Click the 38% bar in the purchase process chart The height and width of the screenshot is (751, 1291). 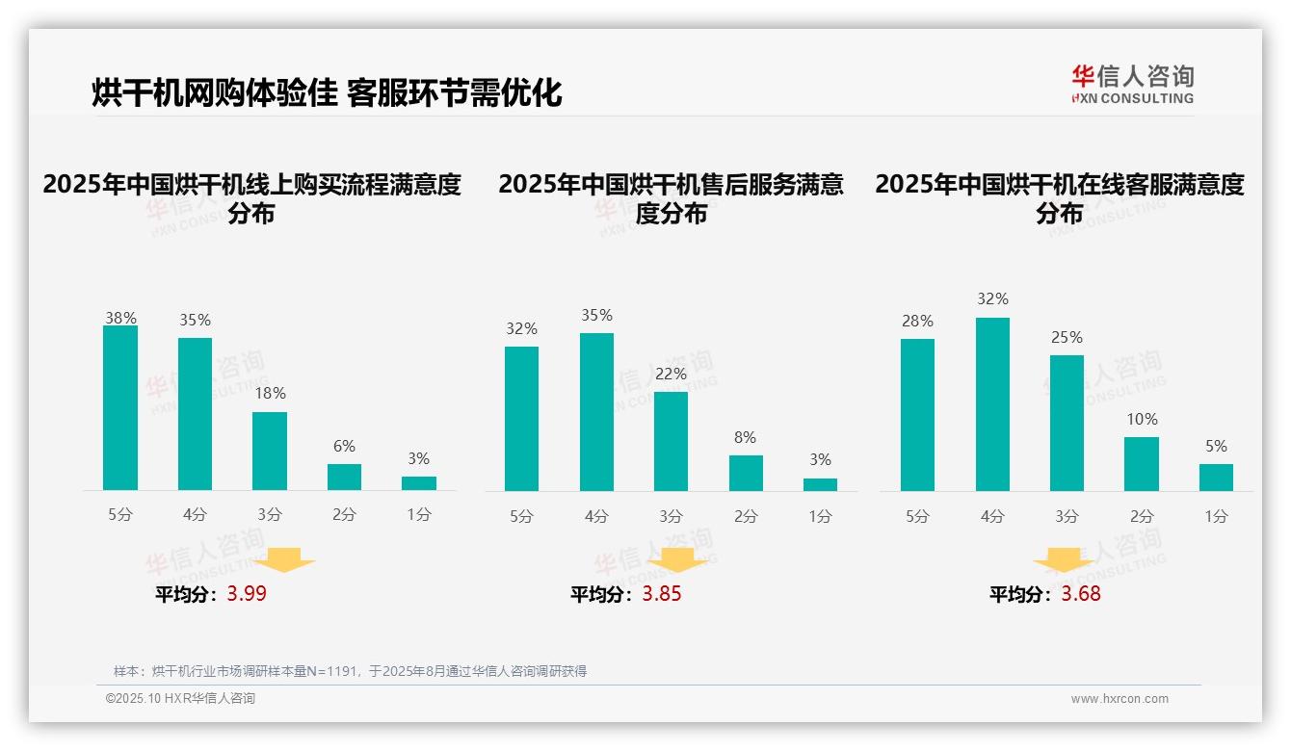click(120, 408)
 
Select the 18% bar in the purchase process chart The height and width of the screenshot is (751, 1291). click(270, 452)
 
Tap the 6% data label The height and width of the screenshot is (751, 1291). click(344, 446)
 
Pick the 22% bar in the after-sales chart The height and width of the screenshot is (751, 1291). click(671, 441)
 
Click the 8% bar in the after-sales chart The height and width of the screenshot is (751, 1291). click(746, 473)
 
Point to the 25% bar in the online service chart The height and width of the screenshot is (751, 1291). click(1067, 423)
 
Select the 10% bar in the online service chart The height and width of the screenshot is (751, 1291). click(1142, 464)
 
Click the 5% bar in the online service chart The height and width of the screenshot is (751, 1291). click(1216, 478)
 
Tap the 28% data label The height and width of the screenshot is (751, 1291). click(917, 322)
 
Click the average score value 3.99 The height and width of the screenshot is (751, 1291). click(247, 594)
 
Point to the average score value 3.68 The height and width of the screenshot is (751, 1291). click(1081, 594)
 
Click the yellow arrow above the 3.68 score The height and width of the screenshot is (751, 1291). click(1064, 561)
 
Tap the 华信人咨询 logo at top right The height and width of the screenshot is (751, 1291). click(1132, 84)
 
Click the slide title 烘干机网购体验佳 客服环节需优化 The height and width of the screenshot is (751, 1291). click(327, 92)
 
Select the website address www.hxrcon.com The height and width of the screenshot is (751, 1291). click(1120, 699)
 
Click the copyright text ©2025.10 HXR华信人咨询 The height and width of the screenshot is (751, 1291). click(180, 699)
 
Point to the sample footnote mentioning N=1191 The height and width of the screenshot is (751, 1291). click(350, 671)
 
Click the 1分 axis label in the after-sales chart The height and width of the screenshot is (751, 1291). click(820, 516)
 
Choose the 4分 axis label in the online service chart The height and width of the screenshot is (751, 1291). click(992, 516)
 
